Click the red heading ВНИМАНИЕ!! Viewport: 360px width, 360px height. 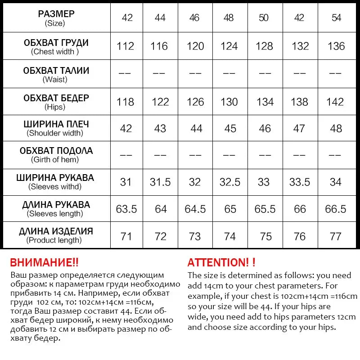point(44,262)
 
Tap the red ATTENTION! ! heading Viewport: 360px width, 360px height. point(221,262)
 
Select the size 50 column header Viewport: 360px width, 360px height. point(264,18)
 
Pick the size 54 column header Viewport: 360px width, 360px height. point(336,18)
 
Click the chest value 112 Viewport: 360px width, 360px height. point(126,46)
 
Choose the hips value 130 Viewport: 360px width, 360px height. point(229,102)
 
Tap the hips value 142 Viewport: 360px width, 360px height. point(335,102)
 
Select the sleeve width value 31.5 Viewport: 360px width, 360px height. point(160,182)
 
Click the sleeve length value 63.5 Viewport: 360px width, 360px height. point(126,209)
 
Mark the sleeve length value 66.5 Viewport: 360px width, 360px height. point(335,209)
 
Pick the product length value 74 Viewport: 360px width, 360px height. point(229,236)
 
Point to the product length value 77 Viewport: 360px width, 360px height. point(336,236)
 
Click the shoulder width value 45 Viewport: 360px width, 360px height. point(230,129)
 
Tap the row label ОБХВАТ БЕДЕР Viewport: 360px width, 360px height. point(56,98)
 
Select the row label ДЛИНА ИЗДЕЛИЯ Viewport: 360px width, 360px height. point(56,231)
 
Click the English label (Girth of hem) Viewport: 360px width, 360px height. point(55,160)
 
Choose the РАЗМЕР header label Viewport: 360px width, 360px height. point(56,14)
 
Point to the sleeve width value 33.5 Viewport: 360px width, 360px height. point(300,182)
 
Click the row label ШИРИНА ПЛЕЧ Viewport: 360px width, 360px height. point(56,124)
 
